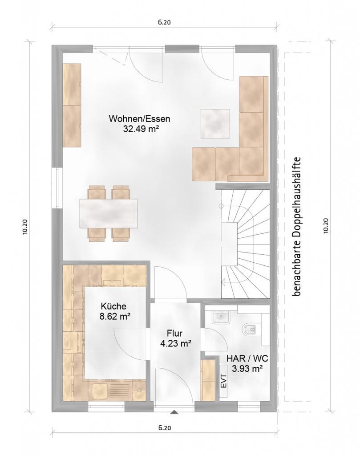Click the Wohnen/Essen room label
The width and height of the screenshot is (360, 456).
139,119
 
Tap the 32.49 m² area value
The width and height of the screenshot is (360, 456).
141,129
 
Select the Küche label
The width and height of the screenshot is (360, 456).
113,306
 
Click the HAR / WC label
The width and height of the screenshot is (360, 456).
247,358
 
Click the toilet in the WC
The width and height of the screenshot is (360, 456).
249,330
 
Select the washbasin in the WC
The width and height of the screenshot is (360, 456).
221,317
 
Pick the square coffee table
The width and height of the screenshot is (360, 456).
215,124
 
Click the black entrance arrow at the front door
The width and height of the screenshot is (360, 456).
174,412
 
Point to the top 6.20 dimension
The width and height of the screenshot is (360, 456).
165,22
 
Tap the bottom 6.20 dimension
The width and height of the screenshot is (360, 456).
165,428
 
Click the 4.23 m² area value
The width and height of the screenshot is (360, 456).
176,343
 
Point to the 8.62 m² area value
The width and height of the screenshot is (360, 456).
114,316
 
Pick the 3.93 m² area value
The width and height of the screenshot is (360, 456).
247,369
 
